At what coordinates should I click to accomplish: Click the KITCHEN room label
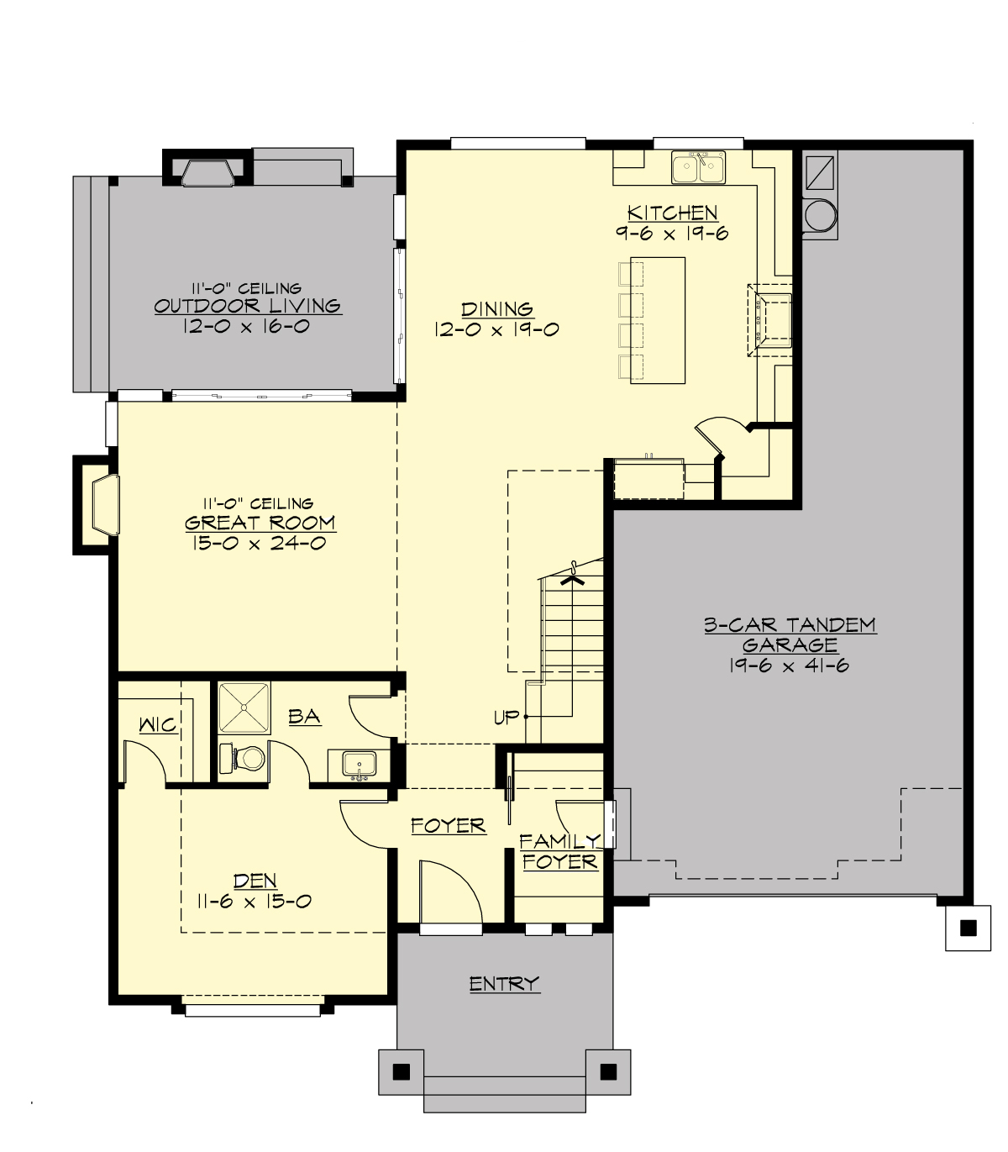pyautogui.click(x=672, y=213)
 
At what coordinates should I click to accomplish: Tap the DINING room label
pyautogui.click(x=496, y=309)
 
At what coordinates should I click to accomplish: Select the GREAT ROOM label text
pyautogui.click(x=260, y=523)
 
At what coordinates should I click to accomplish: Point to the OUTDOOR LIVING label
pyautogui.click(x=247, y=306)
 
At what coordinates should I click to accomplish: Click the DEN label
pyautogui.click(x=255, y=881)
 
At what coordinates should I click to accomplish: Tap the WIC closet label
pyautogui.click(x=158, y=724)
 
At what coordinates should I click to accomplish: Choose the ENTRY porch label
pyautogui.click(x=504, y=984)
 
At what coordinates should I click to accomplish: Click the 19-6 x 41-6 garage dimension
pyautogui.click(x=790, y=665)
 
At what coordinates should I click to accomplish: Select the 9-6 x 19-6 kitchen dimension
pyautogui.click(x=672, y=234)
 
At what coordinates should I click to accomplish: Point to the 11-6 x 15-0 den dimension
pyautogui.click(x=255, y=902)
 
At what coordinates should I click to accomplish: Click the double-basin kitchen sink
pyautogui.click(x=698, y=167)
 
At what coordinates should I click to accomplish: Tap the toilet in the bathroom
pyautogui.click(x=245, y=759)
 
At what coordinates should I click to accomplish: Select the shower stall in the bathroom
pyautogui.click(x=244, y=709)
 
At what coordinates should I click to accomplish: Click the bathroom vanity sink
pyautogui.click(x=360, y=765)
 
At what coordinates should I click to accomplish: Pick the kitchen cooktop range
pyautogui.click(x=771, y=320)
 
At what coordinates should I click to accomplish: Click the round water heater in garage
pyautogui.click(x=820, y=216)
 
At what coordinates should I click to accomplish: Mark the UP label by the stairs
pyautogui.click(x=507, y=718)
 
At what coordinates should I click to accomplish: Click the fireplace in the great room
pyautogui.click(x=103, y=505)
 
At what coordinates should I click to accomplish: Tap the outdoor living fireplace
pyautogui.click(x=207, y=171)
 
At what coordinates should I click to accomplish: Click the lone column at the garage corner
pyautogui.click(x=968, y=928)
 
